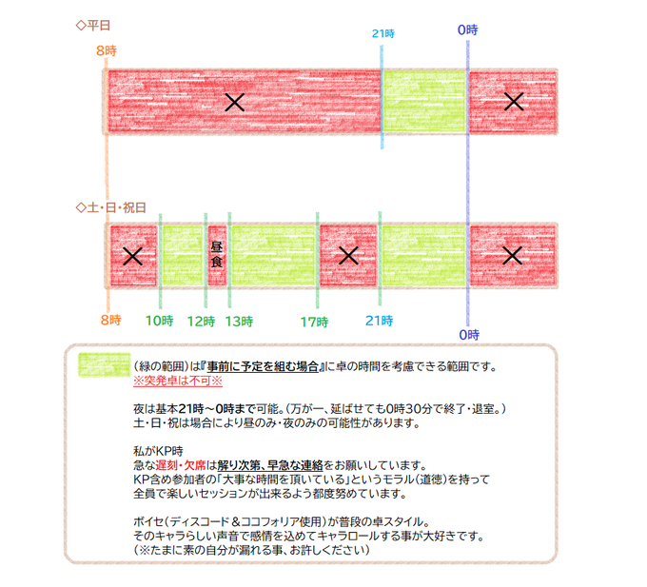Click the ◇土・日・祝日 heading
point(111,206)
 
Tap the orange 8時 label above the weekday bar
point(107,49)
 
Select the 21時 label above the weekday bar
point(382,33)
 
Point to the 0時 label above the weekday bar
point(467,30)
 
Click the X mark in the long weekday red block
point(234,102)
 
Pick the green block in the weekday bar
point(424,102)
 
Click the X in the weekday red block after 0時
point(514,101)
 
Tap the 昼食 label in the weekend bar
point(216,254)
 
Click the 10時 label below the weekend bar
point(159,321)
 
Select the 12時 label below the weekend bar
point(201,321)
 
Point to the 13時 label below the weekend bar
point(239,321)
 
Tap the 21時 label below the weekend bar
point(379,321)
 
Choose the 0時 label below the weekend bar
point(467,334)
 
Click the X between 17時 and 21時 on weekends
point(348,255)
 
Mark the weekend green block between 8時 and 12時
point(182,255)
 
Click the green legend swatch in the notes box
point(104,365)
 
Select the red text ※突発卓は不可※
point(177,379)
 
